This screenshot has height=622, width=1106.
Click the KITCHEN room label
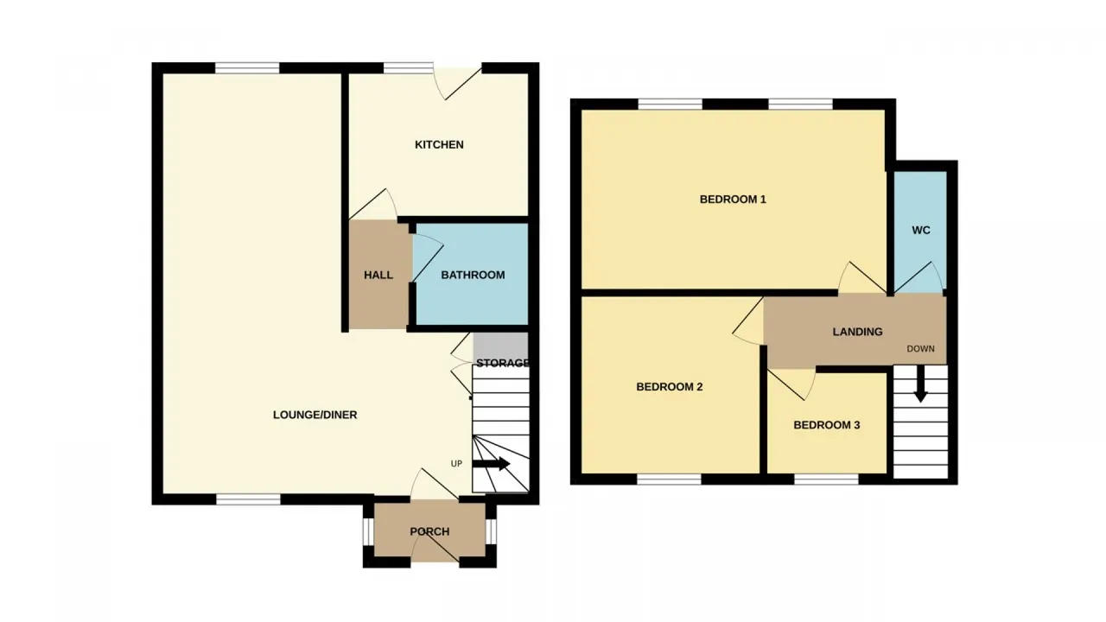439,144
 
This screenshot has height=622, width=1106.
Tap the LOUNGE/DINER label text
315,415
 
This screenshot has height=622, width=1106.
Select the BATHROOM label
473,275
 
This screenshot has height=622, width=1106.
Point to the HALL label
378,275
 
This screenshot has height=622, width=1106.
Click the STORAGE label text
502,363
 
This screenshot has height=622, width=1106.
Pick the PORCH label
429,531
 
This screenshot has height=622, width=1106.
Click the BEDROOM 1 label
733,200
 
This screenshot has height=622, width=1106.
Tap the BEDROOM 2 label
669,386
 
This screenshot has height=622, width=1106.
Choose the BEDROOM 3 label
827,425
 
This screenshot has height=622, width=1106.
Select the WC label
921,230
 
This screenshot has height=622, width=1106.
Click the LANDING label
857,332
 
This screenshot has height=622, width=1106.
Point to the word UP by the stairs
456,464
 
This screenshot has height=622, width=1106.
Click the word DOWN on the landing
920,348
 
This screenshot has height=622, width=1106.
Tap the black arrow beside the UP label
492,464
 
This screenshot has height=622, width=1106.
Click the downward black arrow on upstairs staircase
920,384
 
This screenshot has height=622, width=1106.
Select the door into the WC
918,278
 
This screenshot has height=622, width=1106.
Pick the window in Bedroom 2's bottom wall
669,479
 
